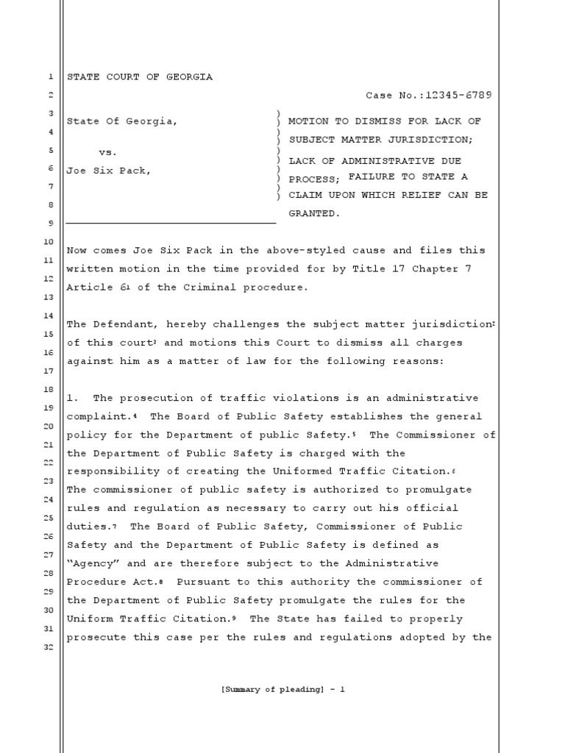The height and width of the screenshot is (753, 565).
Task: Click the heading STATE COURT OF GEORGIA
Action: pos(140,77)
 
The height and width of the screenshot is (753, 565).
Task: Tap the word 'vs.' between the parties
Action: pos(108,152)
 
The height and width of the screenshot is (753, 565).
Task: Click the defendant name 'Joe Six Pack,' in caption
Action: pos(109,171)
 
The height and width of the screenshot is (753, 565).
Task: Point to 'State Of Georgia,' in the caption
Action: pos(122,121)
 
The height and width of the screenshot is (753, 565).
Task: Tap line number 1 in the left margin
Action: pos(49,77)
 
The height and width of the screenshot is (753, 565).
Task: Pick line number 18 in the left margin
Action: pos(49,388)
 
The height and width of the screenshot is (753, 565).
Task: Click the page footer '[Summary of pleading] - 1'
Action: pos(282,689)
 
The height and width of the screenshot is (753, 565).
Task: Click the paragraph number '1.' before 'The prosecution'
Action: pos(73,398)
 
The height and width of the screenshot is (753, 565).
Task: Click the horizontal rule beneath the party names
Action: pos(171,222)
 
